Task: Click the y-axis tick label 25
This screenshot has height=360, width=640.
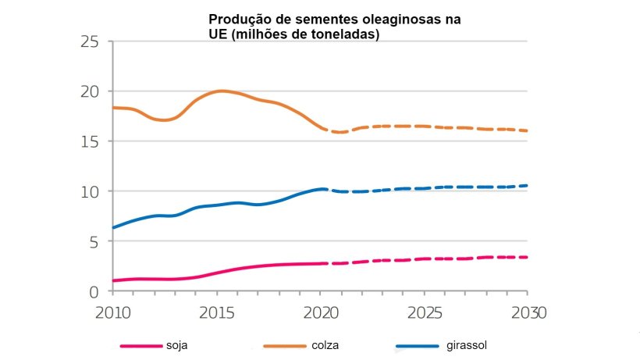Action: click(92, 41)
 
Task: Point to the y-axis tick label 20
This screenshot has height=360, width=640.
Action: click(92, 91)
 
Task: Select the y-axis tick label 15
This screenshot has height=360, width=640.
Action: click(92, 141)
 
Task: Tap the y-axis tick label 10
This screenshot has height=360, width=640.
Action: click(92, 191)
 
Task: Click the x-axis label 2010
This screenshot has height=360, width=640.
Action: click(112, 312)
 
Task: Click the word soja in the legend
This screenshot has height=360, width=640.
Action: click(177, 344)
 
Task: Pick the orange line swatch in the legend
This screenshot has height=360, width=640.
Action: click(285, 345)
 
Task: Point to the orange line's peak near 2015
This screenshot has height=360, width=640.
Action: click(222, 91)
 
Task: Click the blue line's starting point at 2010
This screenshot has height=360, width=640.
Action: click(113, 227)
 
